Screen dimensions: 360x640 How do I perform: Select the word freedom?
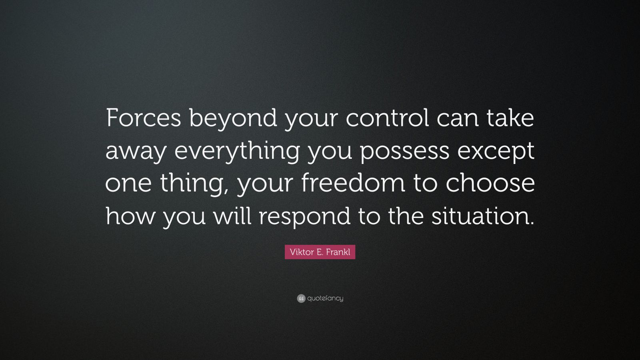point(348,183)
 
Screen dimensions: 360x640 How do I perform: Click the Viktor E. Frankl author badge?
point(320,252)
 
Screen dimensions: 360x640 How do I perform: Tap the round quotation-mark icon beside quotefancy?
point(301,298)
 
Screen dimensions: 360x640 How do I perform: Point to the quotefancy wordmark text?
point(325,298)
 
